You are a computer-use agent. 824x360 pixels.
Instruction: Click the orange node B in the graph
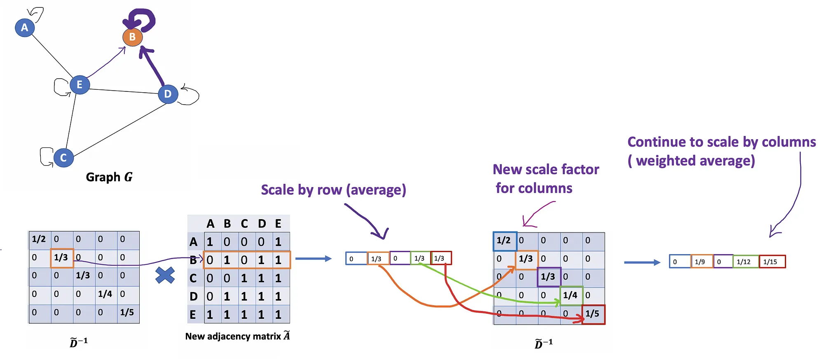pos(132,37)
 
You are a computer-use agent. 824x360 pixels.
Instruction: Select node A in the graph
pos(25,28)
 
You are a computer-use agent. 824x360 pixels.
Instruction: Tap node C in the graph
pos(63,157)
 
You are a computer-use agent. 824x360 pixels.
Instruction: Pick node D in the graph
pos(168,94)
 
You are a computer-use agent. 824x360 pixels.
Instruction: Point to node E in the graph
pos(80,85)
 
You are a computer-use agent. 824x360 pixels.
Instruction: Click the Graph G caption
pos(109,177)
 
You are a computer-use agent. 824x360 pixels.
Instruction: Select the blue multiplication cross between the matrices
pos(165,275)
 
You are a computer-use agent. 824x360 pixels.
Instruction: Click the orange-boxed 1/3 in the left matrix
pos(62,258)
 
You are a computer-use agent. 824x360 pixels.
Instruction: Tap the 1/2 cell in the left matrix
pos(39,239)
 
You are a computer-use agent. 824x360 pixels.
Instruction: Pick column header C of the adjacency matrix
pos(244,224)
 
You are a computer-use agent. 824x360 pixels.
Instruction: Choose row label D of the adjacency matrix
pos(194,297)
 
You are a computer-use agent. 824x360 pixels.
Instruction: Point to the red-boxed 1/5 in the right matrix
pos(593,314)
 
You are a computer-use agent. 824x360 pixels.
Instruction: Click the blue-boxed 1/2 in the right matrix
pos(504,241)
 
